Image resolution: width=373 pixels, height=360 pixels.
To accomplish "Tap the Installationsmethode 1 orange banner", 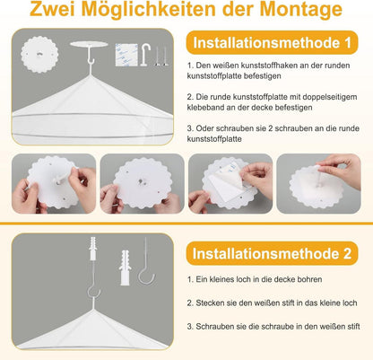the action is tap(272, 43).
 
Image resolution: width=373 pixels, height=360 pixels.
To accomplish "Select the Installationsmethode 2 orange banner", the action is tap(272, 253).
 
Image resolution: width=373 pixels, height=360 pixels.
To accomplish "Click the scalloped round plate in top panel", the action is tap(39, 54).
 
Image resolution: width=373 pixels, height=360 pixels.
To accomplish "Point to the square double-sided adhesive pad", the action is tap(126, 55).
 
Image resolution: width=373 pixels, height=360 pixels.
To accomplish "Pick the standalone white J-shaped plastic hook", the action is tap(145, 55).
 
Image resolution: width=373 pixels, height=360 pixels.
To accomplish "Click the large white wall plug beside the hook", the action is tap(125, 268).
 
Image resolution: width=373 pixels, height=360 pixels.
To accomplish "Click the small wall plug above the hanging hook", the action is tap(93, 248).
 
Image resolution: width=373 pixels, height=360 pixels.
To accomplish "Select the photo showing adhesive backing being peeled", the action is tap(230, 183).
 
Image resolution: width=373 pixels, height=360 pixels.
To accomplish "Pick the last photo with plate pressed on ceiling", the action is tap(318, 183).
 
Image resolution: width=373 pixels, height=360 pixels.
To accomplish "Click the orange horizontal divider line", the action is tap(186, 224).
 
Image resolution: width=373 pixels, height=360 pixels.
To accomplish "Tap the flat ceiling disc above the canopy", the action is tap(89, 44).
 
